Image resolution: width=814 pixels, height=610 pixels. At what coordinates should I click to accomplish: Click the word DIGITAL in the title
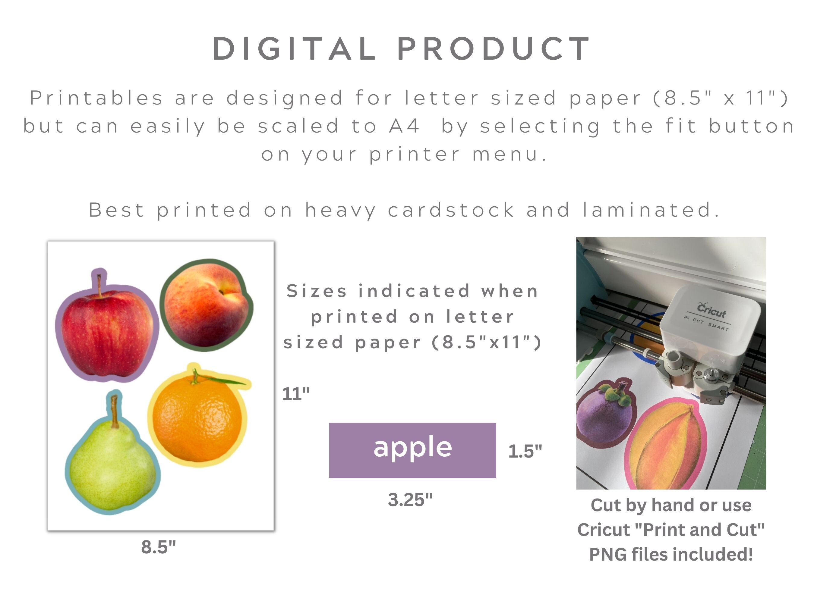(x=294, y=48)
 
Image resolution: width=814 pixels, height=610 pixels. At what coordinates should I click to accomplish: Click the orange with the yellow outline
(x=199, y=423)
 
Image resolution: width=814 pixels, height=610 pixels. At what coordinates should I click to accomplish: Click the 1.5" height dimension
(x=525, y=451)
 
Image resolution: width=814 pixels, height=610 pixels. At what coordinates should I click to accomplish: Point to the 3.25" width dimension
(x=410, y=500)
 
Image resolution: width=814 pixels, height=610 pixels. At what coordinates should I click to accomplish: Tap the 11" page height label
(x=296, y=394)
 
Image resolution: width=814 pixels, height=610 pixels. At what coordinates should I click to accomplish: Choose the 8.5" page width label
(x=159, y=547)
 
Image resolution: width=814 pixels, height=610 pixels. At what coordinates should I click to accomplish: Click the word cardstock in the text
(x=451, y=210)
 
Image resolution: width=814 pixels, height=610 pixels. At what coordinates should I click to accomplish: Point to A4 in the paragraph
(x=404, y=126)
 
